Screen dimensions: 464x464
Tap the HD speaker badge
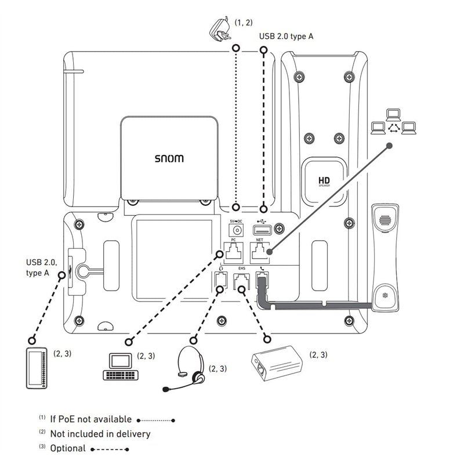pos(324,182)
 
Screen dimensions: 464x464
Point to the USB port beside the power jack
pos(264,229)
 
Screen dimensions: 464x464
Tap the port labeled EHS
pos(241,282)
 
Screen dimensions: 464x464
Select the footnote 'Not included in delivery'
pos(100,433)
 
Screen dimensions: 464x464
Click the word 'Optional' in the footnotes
pos(68,448)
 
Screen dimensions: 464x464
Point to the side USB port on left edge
pos(71,270)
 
